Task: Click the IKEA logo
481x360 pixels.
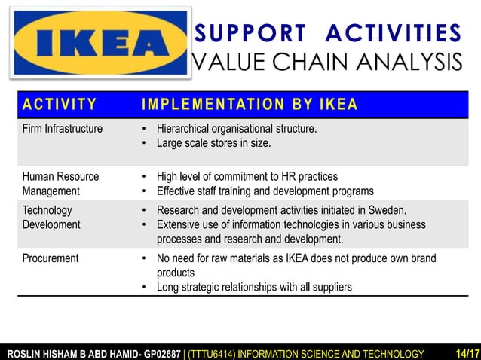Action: (97, 43)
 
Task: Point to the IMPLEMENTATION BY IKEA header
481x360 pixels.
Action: (250, 104)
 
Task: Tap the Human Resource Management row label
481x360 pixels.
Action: (60, 183)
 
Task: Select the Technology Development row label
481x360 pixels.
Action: (51, 217)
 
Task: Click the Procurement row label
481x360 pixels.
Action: (51, 258)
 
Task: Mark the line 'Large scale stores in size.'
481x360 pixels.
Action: (213, 143)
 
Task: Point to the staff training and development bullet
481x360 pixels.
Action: (265, 191)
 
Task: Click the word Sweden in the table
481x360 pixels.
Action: (388, 210)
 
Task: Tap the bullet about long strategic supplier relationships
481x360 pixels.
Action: (253, 287)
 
